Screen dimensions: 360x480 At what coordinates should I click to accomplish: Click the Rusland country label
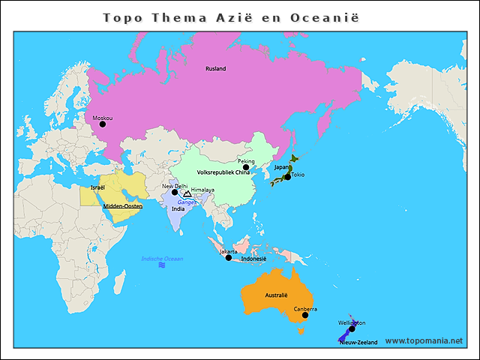point(215,69)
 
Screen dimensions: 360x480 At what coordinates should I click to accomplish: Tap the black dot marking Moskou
point(103,124)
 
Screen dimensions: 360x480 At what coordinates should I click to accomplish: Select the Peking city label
point(246,161)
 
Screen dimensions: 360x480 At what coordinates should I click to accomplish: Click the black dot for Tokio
point(287,177)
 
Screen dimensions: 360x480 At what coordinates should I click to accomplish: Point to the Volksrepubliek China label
point(223,172)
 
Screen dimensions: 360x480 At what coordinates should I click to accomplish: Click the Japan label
point(281,167)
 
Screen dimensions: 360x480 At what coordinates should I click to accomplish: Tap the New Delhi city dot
point(175,192)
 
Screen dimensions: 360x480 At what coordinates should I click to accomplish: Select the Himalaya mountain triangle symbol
point(187,194)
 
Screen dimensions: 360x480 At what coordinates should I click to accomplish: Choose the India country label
point(178,209)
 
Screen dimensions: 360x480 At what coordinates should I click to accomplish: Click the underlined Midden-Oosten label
point(122,206)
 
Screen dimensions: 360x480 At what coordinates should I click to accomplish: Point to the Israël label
point(97,187)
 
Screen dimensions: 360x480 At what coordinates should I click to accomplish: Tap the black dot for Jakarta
point(229,257)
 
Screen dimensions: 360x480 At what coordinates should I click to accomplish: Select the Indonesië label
point(253,259)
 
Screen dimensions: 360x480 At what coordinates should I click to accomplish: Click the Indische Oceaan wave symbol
point(161,265)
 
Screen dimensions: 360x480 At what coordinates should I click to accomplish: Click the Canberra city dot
point(304,315)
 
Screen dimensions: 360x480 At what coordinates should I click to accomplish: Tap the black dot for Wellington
point(352,328)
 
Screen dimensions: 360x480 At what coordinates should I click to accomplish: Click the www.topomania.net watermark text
point(424,340)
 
